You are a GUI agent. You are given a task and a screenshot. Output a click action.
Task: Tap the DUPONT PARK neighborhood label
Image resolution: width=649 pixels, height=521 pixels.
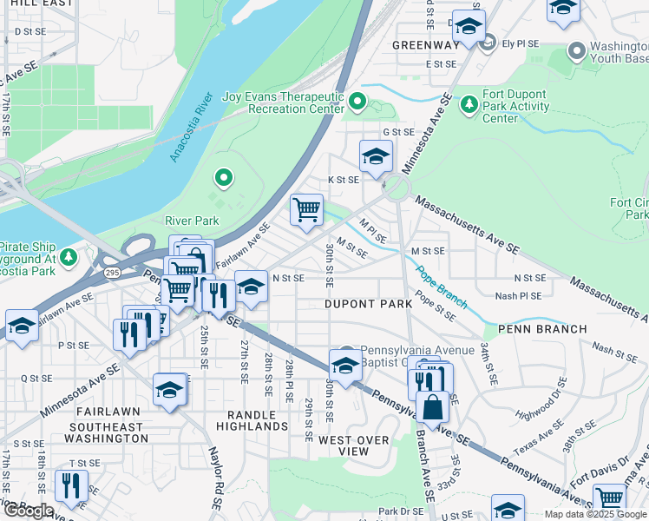tap(368, 304)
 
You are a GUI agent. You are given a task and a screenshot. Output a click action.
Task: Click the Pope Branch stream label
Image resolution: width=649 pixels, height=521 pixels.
tap(442, 287)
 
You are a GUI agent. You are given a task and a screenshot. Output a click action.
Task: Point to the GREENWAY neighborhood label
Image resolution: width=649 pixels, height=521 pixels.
tap(425, 44)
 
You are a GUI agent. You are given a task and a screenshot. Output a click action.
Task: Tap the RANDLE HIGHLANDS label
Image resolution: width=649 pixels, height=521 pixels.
tap(257, 420)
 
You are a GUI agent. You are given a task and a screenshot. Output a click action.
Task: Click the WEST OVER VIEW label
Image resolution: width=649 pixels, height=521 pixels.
tap(354, 445)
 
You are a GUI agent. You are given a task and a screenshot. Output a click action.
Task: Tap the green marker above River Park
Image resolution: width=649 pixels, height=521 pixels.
tap(224, 179)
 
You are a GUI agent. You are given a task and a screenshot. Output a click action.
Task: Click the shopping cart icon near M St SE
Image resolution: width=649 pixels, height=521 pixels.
tap(306, 209)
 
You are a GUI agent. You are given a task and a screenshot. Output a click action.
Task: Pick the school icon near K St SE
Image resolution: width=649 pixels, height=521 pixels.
tap(376, 157)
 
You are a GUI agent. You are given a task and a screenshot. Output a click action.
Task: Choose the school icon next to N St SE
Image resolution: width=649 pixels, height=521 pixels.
tap(251, 287)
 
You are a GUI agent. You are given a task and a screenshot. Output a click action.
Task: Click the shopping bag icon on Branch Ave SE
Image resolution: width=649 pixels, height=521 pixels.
tap(432, 407)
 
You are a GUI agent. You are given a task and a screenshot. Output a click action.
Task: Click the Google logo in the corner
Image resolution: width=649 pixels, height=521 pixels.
tap(29, 510)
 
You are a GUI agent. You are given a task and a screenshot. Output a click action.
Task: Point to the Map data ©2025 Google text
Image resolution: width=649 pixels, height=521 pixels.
tap(595, 514)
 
